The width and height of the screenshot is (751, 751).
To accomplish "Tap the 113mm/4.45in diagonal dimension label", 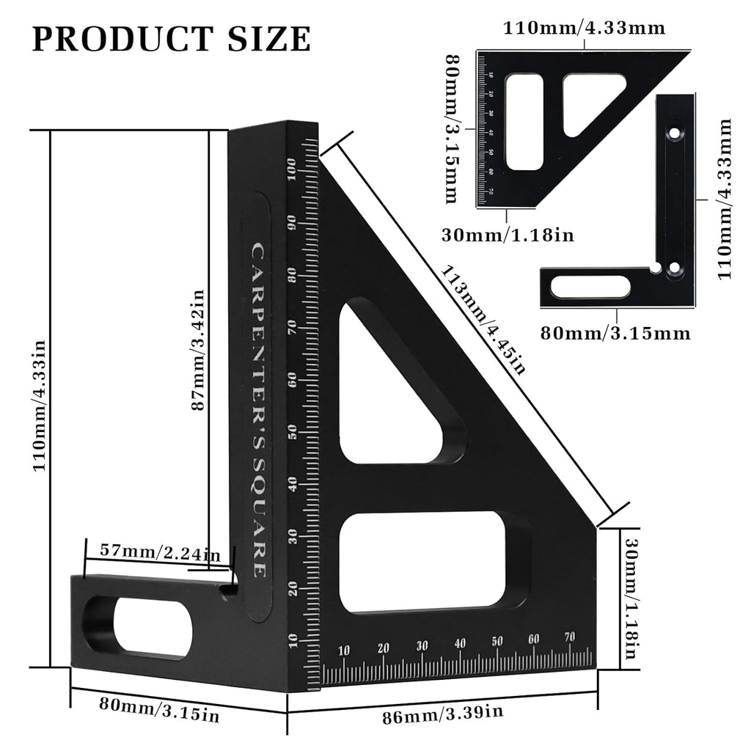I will tap(482, 318).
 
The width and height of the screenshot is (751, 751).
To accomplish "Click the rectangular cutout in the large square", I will tap(433, 561).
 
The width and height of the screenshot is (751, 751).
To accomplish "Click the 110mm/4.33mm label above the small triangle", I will tap(584, 29).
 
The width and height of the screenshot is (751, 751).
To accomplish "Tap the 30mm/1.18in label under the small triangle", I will tap(508, 235).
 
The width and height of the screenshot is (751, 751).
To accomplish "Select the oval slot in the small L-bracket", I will tap(591, 287).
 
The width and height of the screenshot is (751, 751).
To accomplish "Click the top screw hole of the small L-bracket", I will tap(673, 136).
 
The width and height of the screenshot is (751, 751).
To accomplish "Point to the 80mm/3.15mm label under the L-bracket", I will tap(615, 333).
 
